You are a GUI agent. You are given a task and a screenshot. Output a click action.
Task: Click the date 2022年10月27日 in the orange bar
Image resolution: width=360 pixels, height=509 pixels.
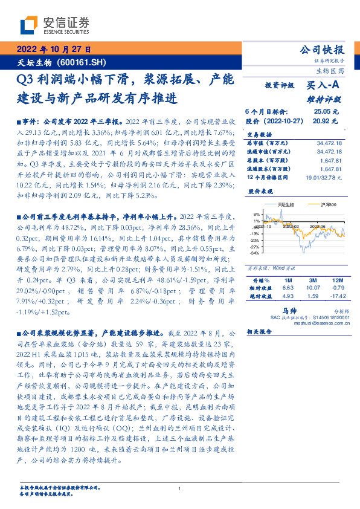54,50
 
